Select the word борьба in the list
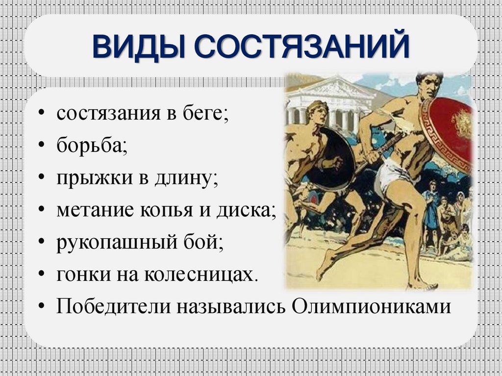(92, 146)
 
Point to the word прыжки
(87, 177)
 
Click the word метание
(96, 209)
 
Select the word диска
(247, 209)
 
